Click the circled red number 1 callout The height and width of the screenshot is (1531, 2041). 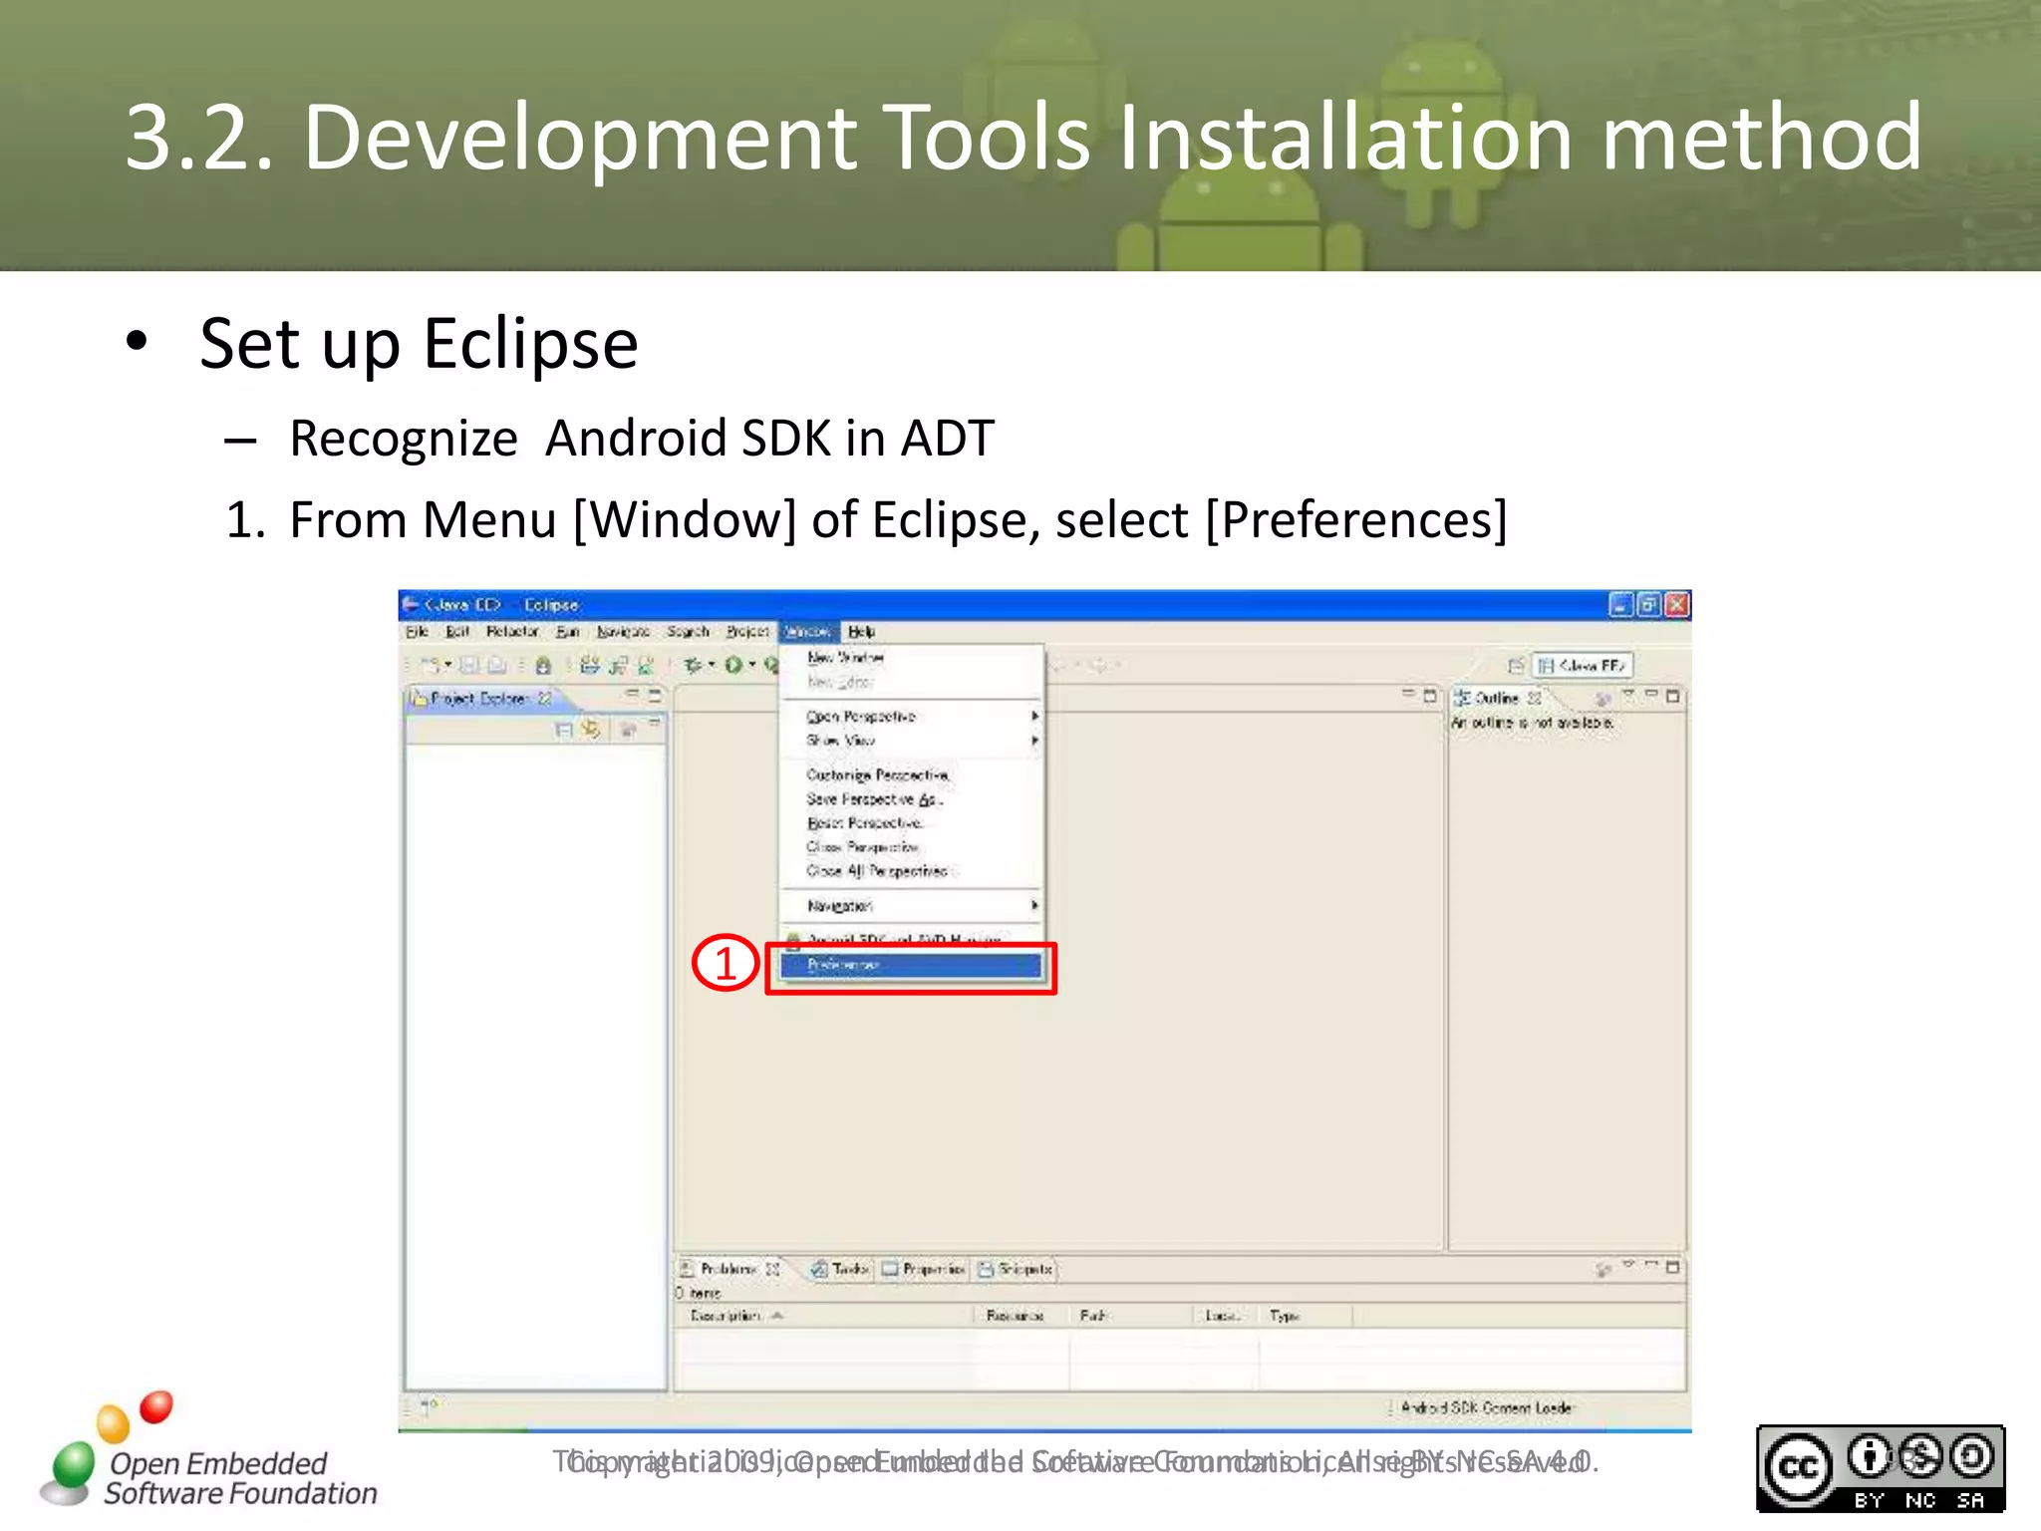[x=726, y=963]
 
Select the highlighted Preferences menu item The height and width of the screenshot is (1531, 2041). [x=910, y=966]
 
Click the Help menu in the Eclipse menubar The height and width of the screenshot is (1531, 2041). [x=861, y=632]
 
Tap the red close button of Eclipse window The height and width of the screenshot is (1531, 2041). [x=1677, y=605]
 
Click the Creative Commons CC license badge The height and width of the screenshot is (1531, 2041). [x=1880, y=1468]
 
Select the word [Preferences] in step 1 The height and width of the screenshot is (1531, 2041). [x=1355, y=520]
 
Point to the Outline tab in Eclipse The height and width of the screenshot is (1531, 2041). [x=1495, y=698]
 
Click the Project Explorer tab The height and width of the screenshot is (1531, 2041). [x=478, y=699]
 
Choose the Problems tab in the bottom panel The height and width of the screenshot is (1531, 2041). [x=728, y=1269]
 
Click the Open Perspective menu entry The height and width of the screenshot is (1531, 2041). [x=861, y=717]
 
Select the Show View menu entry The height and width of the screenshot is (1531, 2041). [x=840, y=741]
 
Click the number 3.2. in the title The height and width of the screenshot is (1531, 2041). [x=198, y=138]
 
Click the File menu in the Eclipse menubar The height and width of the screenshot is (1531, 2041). [x=416, y=632]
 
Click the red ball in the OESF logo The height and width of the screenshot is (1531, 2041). [x=155, y=1407]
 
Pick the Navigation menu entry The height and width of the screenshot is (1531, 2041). [x=839, y=906]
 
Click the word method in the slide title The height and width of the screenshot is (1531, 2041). [x=1760, y=138]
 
